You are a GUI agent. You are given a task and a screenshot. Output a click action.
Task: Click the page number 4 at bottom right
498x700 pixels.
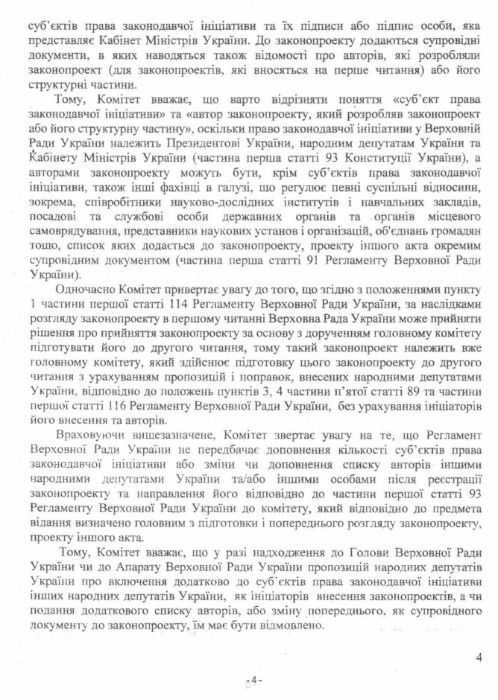pyautogui.click(x=478, y=655)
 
